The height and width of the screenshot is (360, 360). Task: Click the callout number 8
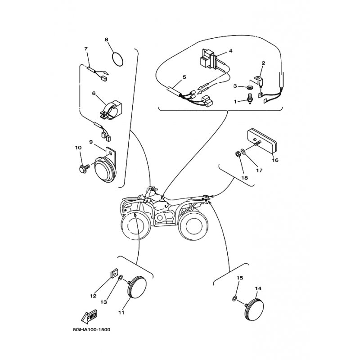click(106, 40)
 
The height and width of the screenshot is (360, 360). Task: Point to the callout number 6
click(94, 94)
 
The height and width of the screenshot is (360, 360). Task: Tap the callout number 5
click(184, 77)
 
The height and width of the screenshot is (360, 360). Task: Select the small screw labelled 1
click(249, 100)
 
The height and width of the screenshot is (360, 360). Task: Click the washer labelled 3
click(250, 87)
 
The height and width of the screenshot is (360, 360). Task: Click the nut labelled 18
click(238, 154)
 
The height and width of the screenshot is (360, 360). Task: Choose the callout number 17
click(259, 171)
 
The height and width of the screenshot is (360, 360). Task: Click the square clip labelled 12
click(114, 274)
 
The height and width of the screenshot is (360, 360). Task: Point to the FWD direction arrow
click(89, 316)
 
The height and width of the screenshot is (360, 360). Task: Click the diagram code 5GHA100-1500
click(92, 330)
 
